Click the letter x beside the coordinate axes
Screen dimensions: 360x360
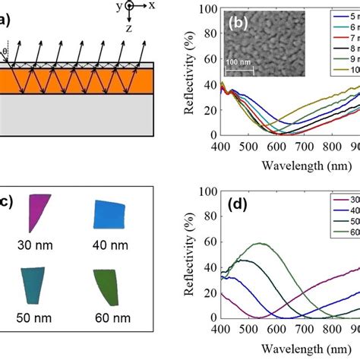click(x=153, y=5)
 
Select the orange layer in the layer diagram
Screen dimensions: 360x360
click(x=76, y=81)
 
